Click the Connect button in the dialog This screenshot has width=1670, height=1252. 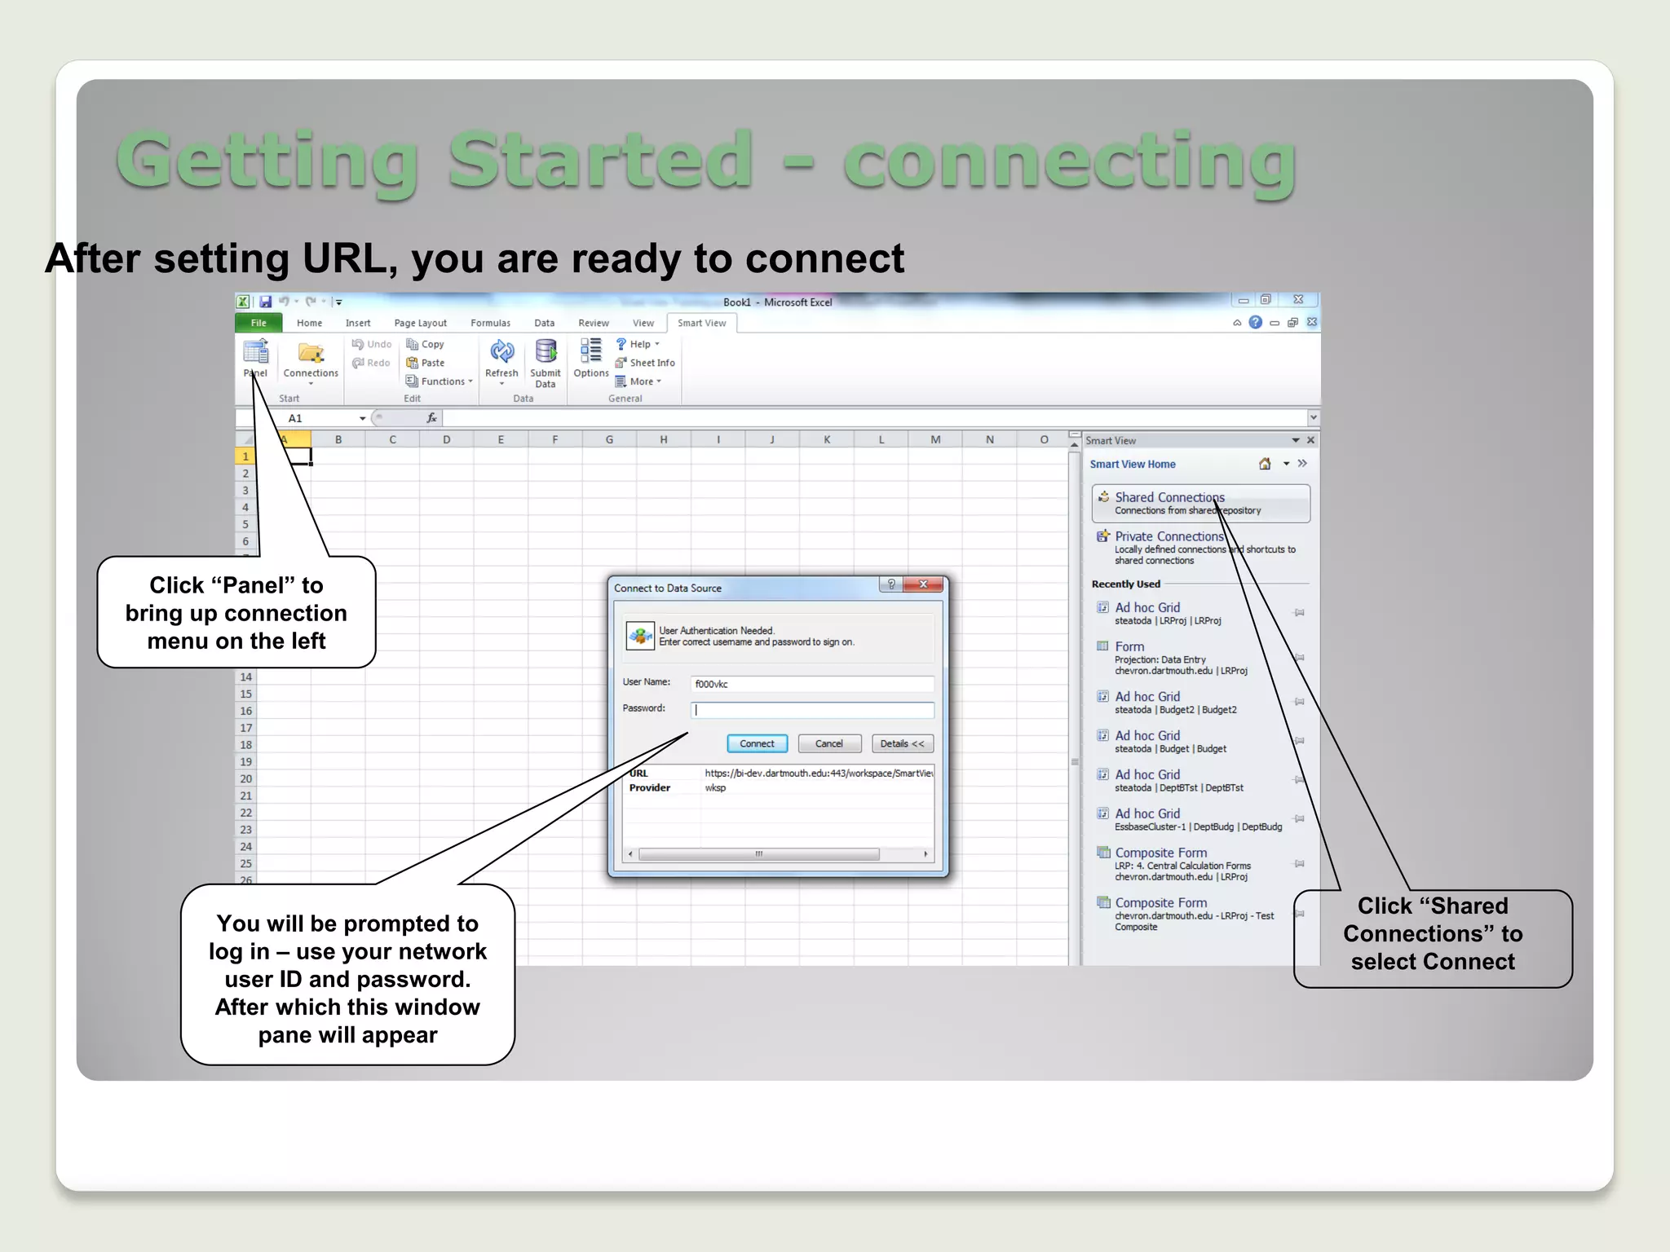(x=757, y=743)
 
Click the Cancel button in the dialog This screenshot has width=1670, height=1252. (x=828, y=743)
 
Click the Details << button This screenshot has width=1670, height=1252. (x=902, y=743)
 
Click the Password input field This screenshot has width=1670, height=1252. (x=812, y=710)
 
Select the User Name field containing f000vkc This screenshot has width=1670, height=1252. (x=812, y=684)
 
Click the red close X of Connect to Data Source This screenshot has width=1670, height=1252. (x=923, y=584)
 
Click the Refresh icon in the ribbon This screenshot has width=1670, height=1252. (x=501, y=353)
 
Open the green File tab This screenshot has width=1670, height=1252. (x=258, y=323)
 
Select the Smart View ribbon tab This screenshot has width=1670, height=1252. (x=701, y=323)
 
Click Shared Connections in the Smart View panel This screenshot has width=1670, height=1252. (x=1169, y=497)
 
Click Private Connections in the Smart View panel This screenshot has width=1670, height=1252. (x=1169, y=536)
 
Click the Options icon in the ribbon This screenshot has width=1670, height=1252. (x=591, y=357)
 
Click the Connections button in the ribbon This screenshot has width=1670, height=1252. (x=311, y=359)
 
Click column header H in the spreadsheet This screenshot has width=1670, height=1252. (x=664, y=439)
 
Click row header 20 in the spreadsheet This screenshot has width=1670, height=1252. (x=245, y=778)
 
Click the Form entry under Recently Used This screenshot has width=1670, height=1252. (x=1129, y=646)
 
